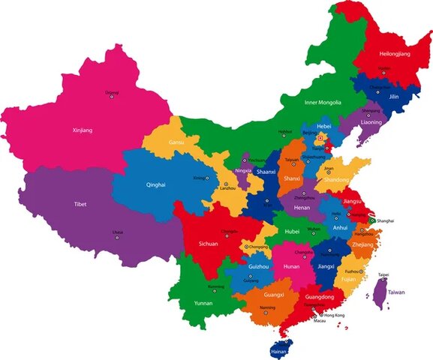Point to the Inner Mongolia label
pyautogui.click(x=323, y=102)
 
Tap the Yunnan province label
pyautogui.click(x=203, y=303)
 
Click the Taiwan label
pyautogui.click(x=395, y=292)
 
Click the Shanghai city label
pyautogui.click(x=386, y=221)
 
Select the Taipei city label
pyautogui.click(x=383, y=274)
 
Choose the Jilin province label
pyautogui.click(x=393, y=96)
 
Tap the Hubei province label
pyautogui.click(x=292, y=232)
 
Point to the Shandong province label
pyautogui.click(x=335, y=180)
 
